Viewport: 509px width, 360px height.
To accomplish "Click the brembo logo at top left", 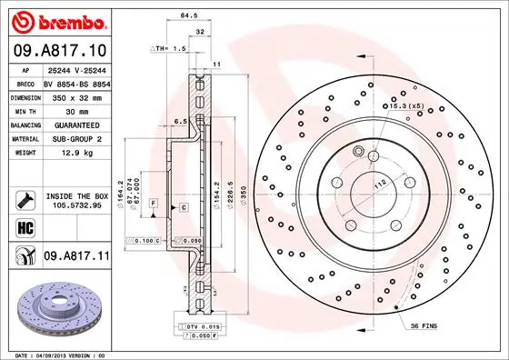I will tap(57, 20).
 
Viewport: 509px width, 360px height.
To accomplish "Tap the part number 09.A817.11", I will tap(76, 257).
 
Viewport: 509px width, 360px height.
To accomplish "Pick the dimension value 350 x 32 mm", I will tap(76, 96).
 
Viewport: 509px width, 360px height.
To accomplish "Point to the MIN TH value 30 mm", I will tap(76, 110).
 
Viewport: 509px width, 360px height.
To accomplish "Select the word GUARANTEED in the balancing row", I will tap(76, 124).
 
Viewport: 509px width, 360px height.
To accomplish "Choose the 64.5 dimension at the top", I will tap(190, 15).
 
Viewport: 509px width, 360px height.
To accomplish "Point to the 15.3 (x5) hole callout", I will tap(406, 106).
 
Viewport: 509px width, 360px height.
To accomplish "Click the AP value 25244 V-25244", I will tap(76, 69).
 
